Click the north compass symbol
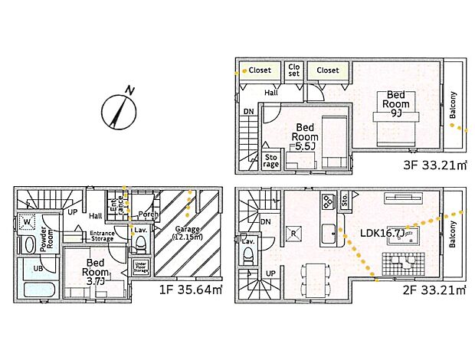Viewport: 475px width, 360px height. pyautogui.click(x=118, y=110)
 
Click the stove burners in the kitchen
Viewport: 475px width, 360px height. pyautogui.click(x=327, y=202)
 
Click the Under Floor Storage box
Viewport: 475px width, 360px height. pyautogui.click(x=140, y=267)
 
